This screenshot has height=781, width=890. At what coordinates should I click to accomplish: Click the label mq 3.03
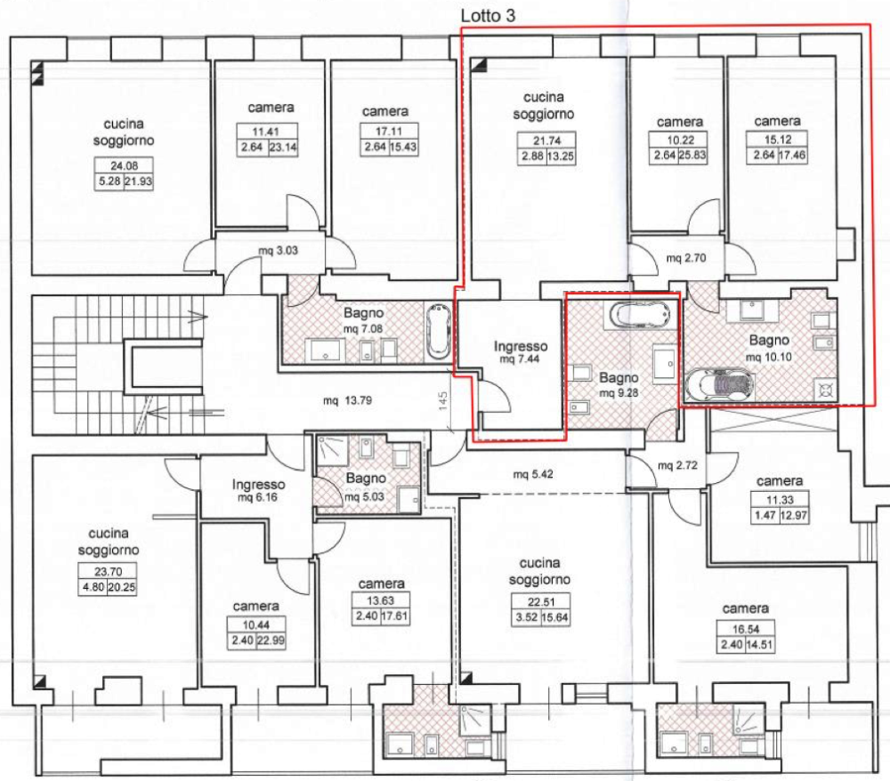(278, 250)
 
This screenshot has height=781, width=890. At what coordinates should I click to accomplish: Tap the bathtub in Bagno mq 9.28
(636, 315)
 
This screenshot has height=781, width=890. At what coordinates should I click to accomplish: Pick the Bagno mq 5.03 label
(366, 487)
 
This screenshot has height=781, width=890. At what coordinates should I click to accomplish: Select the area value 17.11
(385, 137)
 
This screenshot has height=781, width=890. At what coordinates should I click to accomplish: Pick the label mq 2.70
(686, 259)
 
